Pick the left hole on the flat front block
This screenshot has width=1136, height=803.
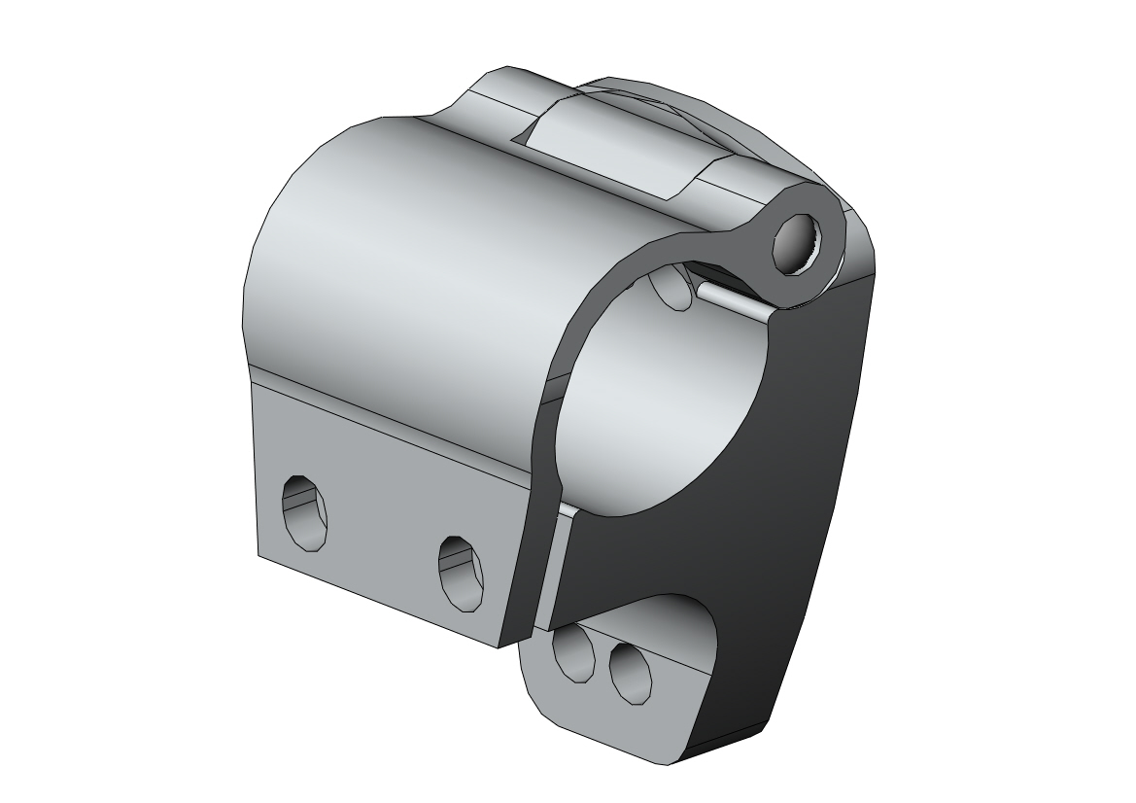click(x=304, y=510)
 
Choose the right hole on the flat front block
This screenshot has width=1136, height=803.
click(x=460, y=571)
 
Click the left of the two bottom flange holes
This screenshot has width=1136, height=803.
click(x=573, y=653)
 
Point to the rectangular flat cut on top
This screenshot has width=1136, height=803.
click(x=622, y=146)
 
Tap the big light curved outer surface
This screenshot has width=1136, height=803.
click(x=408, y=253)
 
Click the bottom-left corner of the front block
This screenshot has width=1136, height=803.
click(x=259, y=553)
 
